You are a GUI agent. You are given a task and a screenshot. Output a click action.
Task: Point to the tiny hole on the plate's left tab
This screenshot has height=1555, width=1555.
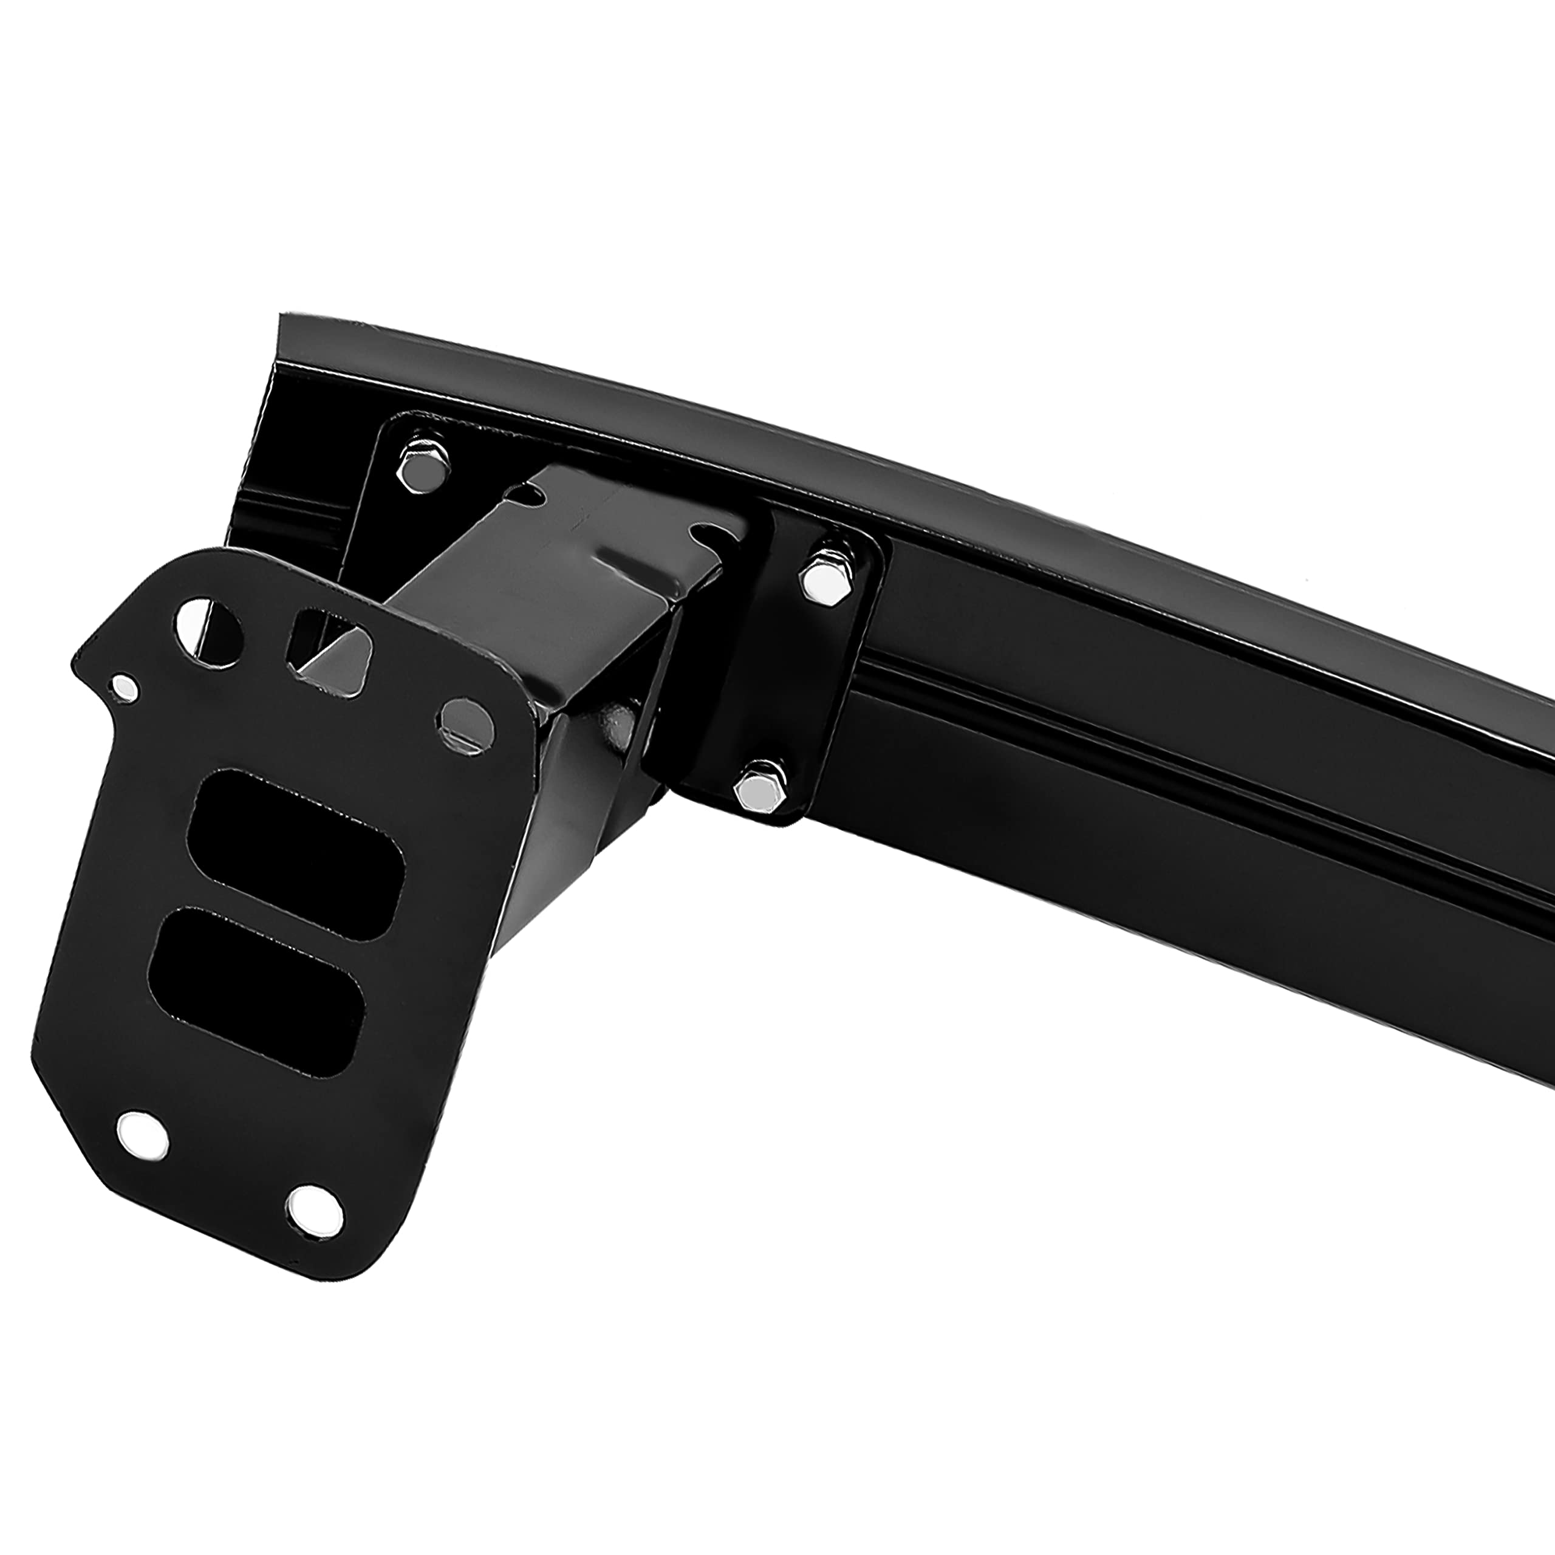click(x=125, y=686)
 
